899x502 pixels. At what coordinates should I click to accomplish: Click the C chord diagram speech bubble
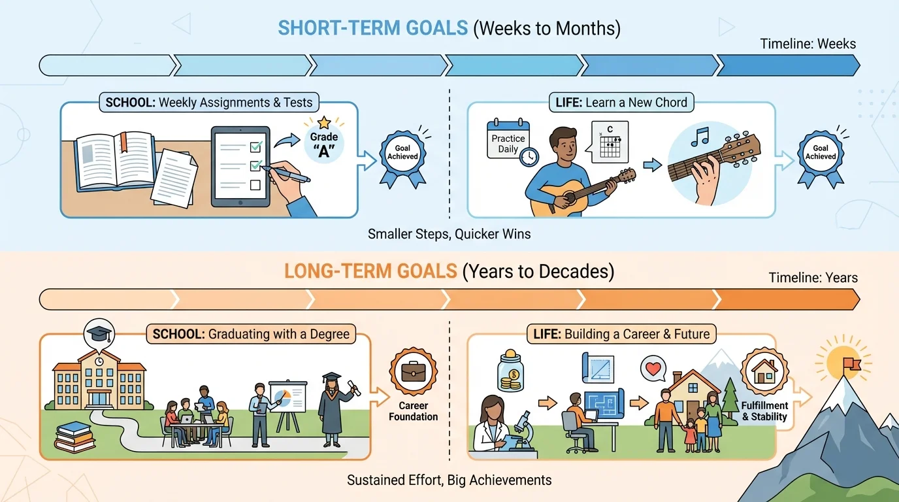click(609, 142)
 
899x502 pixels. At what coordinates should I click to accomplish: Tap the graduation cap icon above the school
click(99, 333)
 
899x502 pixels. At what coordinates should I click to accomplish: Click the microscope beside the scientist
click(520, 431)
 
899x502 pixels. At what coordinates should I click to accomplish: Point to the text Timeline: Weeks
click(808, 44)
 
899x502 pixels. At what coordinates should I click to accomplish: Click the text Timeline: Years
click(813, 278)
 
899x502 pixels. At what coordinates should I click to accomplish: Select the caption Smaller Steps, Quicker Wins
click(449, 233)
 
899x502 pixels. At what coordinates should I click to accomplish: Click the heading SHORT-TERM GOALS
click(372, 28)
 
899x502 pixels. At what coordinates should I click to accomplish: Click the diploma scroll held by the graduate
click(353, 387)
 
